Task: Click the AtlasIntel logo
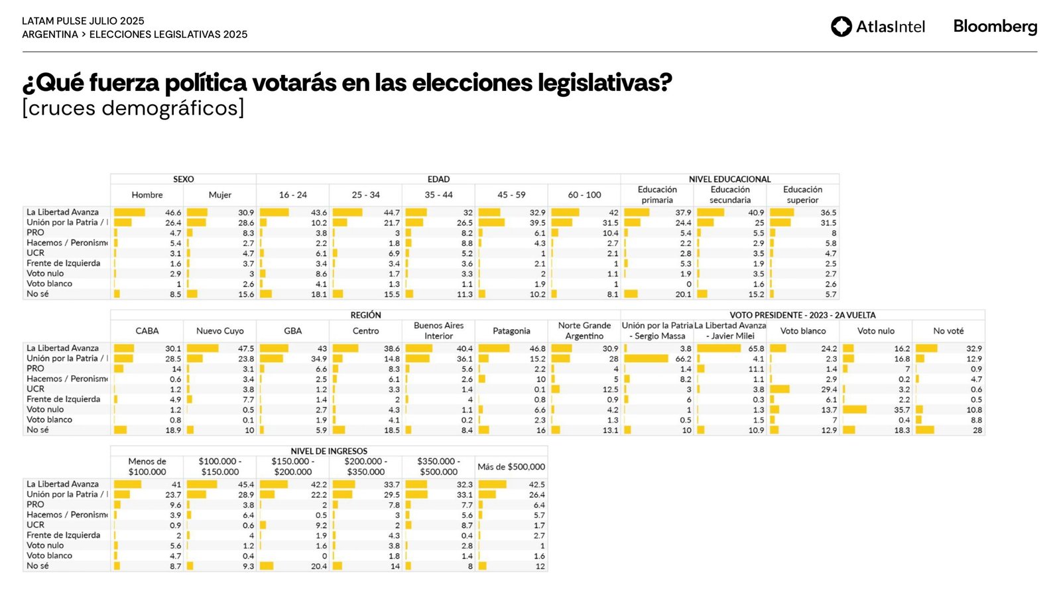(877, 27)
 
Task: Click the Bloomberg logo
(995, 27)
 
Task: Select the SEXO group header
(183, 179)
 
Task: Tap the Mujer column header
(219, 195)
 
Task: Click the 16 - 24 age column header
(292, 195)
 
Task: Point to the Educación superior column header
(802, 195)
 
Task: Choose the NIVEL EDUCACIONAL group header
(729, 179)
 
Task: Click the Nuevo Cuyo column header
(219, 331)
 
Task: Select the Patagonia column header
(511, 331)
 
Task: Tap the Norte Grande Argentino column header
(584, 331)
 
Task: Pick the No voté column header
(948, 331)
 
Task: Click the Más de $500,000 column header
(511, 467)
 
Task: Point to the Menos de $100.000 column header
(147, 467)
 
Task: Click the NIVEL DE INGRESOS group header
(329, 451)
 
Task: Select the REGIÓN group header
(365, 315)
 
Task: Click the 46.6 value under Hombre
(173, 213)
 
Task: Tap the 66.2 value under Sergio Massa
(683, 359)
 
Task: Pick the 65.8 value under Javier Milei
(756, 349)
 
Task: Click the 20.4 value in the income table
(318, 566)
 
